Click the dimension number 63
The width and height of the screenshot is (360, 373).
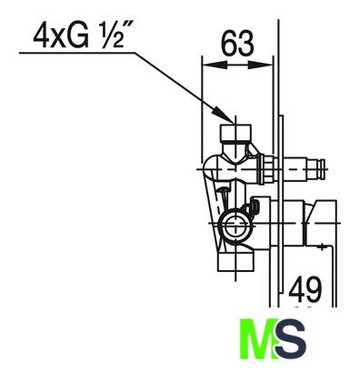(237, 44)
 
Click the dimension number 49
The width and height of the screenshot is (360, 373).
(305, 289)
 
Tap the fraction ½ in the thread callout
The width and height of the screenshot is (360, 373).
(112, 37)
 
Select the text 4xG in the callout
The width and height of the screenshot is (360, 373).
(61, 36)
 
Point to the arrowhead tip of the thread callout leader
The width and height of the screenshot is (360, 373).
(234, 123)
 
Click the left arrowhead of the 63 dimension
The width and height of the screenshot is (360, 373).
(214, 65)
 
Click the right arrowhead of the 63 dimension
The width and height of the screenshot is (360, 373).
(260, 65)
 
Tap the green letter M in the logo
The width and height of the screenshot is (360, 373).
(257, 338)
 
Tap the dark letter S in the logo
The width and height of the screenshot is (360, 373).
(290, 338)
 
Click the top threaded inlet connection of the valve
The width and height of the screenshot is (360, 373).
(235, 132)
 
